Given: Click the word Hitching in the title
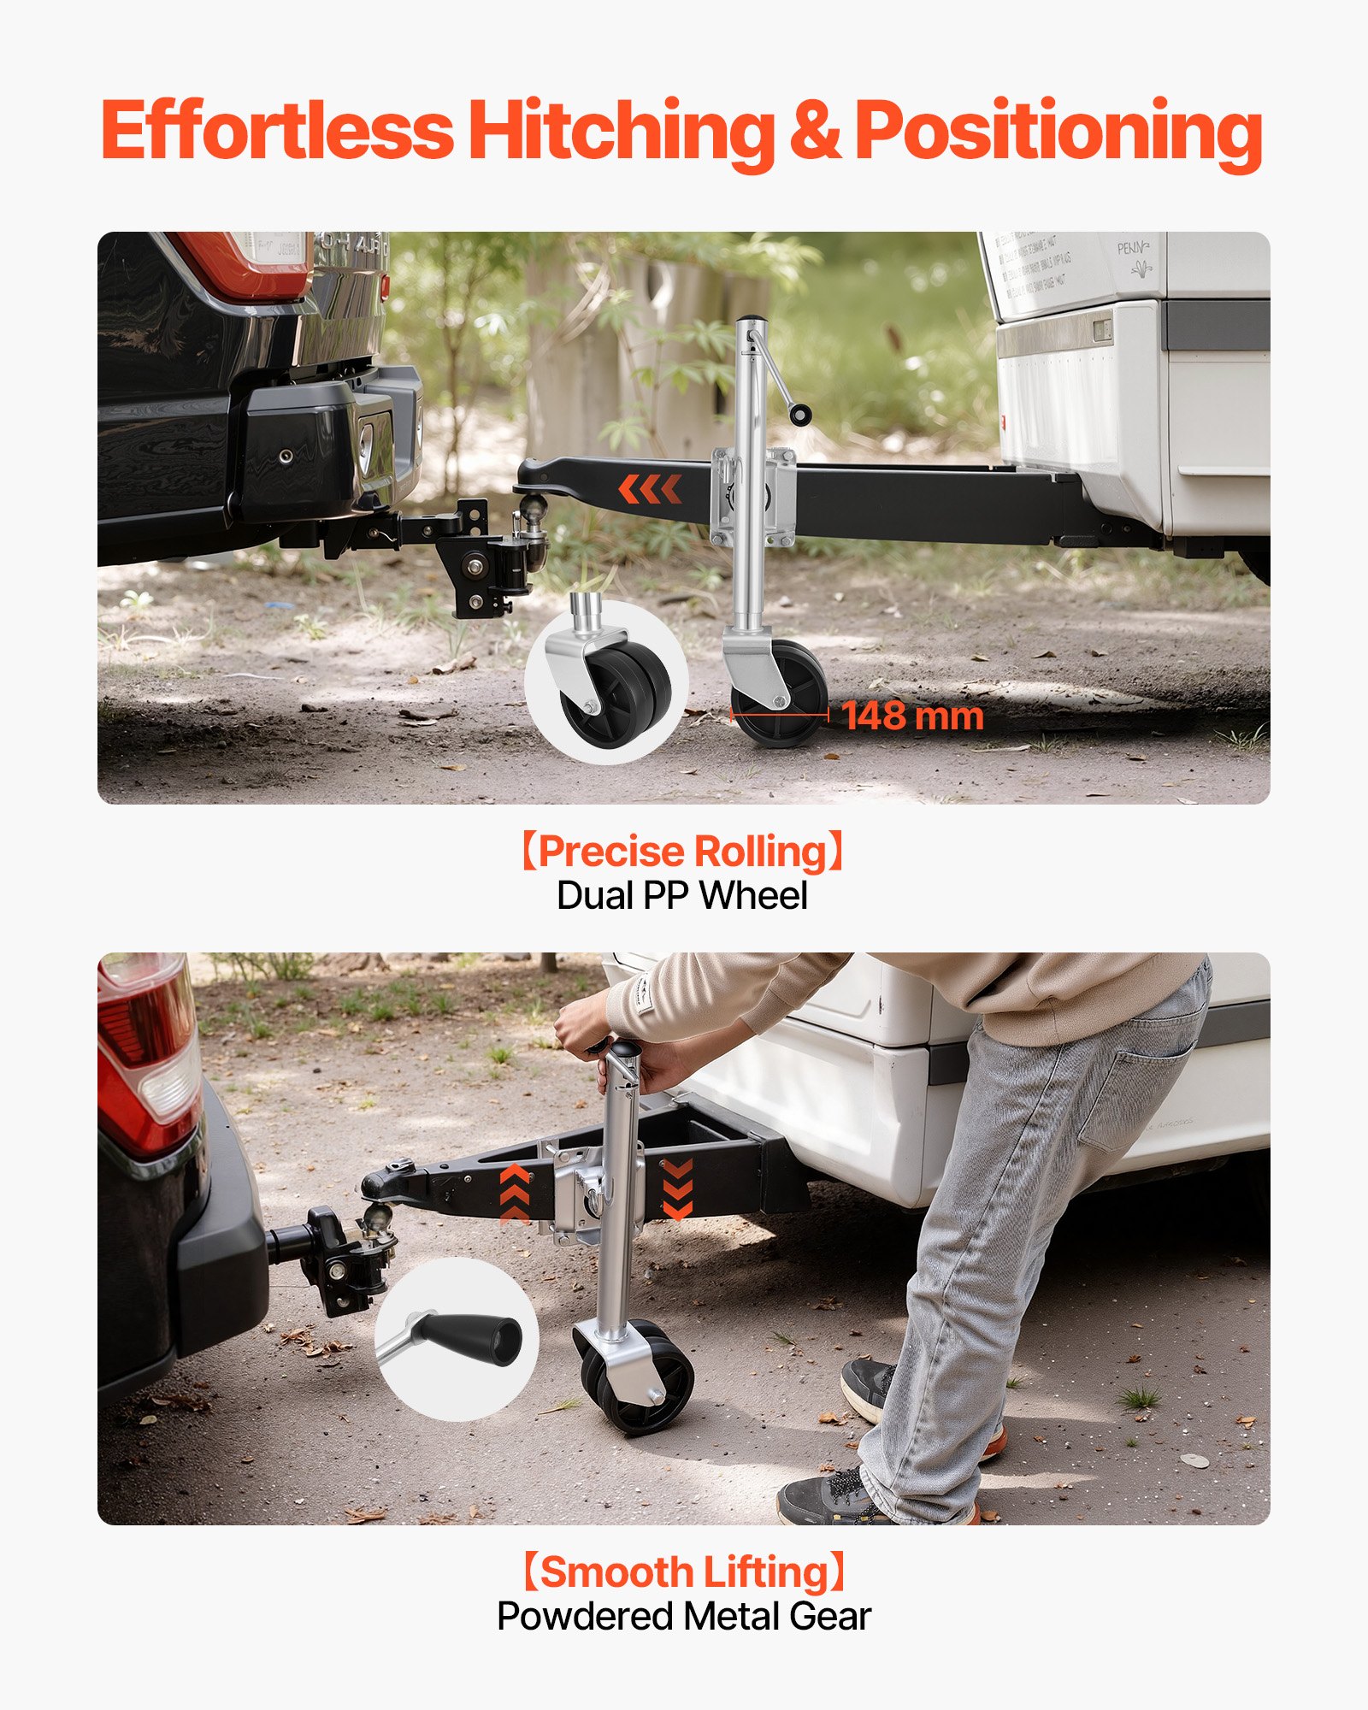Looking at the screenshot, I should tap(622, 131).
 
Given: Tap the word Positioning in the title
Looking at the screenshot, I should tap(1058, 131).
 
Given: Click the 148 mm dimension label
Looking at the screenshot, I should tap(912, 716).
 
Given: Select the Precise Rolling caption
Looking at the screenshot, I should tap(683, 852).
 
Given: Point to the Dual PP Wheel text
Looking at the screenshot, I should tap(682, 896).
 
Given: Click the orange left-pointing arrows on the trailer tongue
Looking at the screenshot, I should tap(650, 490).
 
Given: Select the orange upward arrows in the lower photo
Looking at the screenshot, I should tap(515, 1193).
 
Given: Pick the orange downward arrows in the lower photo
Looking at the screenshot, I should tap(677, 1188).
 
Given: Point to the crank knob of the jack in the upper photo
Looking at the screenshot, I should tap(800, 416).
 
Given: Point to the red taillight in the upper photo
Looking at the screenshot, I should tap(244, 263).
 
